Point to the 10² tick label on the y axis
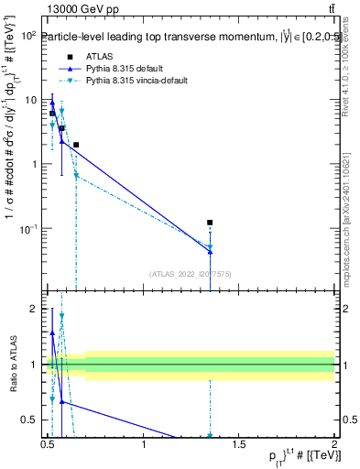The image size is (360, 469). tap(27, 36)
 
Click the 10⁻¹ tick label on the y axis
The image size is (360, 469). tap(27, 229)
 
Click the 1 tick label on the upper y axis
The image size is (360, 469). tap(33, 164)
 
